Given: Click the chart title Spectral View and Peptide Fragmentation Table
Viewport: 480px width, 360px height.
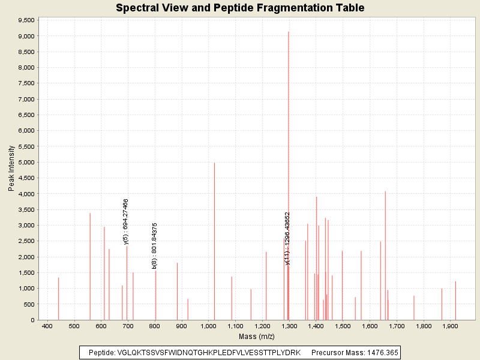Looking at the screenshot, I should (240, 8).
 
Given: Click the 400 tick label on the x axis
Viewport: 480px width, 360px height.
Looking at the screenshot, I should (47, 326).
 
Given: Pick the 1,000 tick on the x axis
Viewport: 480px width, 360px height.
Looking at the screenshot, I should (208, 326).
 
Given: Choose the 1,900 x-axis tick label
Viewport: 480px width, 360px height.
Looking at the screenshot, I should (450, 326).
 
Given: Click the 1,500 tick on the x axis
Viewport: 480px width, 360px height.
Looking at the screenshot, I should (343, 326).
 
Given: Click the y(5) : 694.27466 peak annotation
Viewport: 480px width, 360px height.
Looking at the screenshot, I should (126, 221).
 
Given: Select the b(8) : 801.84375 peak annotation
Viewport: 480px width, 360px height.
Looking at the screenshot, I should (155, 245).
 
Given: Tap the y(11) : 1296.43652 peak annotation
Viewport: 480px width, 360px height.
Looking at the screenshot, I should (287, 238).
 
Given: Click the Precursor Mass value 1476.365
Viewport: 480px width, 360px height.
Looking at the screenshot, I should (377, 352).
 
